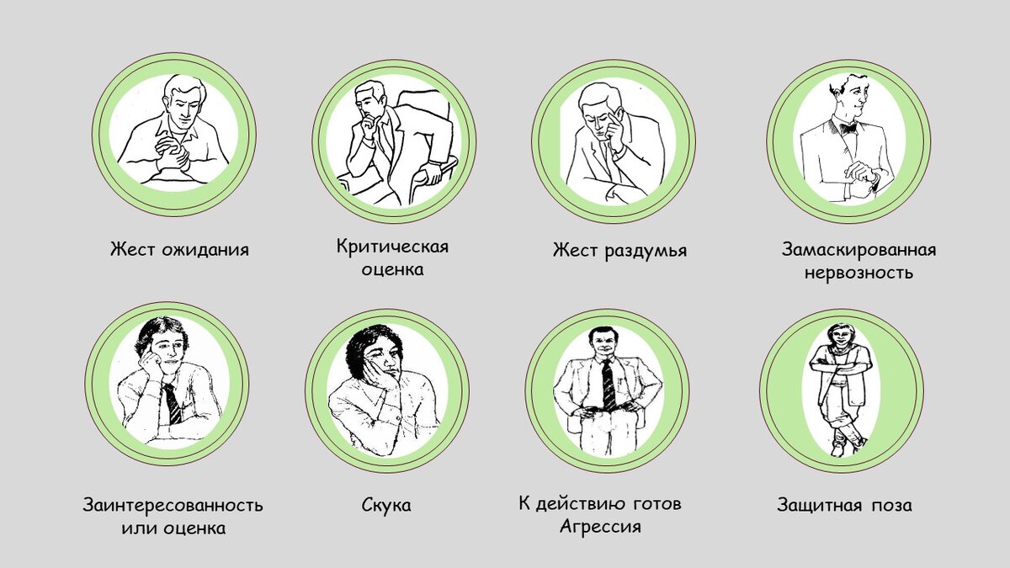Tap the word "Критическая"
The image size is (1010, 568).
tap(392, 247)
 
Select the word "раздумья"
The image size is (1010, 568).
tap(646, 251)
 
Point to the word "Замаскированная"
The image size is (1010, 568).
tap(858, 250)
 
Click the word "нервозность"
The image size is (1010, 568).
tap(858, 273)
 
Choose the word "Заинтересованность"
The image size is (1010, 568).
tap(173, 505)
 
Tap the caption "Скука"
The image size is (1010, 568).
tap(386, 505)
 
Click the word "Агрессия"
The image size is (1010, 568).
tap(600, 527)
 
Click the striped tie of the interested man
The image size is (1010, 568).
tap(173, 405)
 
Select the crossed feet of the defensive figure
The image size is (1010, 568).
tap(843, 443)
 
